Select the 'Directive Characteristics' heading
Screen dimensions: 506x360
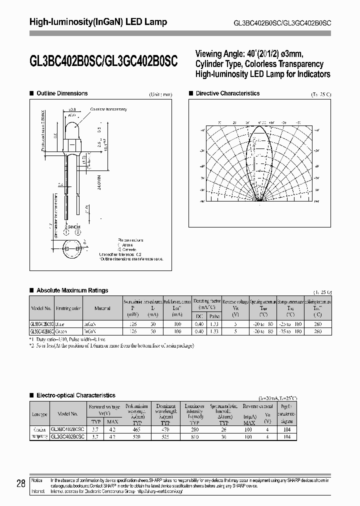click(227, 93)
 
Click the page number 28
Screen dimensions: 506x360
click(21, 483)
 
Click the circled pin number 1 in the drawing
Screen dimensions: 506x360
click(67, 232)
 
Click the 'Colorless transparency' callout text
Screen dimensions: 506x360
click(108, 109)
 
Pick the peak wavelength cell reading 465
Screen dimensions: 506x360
click(136, 429)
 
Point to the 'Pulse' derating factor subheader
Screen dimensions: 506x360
click(214, 316)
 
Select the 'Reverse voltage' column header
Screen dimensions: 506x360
click(235, 302)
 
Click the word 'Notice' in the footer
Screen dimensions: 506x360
click(37, 479)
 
